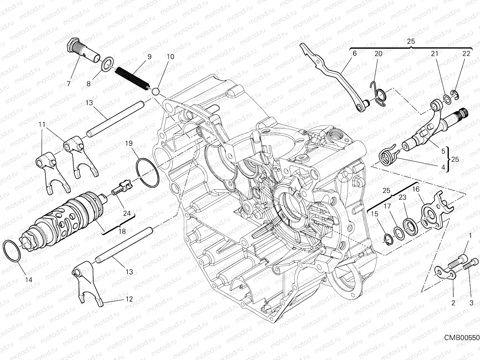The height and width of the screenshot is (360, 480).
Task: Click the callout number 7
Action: tap(69, 84)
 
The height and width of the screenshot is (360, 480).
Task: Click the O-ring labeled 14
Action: tap(12, 251)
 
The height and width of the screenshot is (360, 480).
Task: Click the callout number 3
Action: tap(471, 303)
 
